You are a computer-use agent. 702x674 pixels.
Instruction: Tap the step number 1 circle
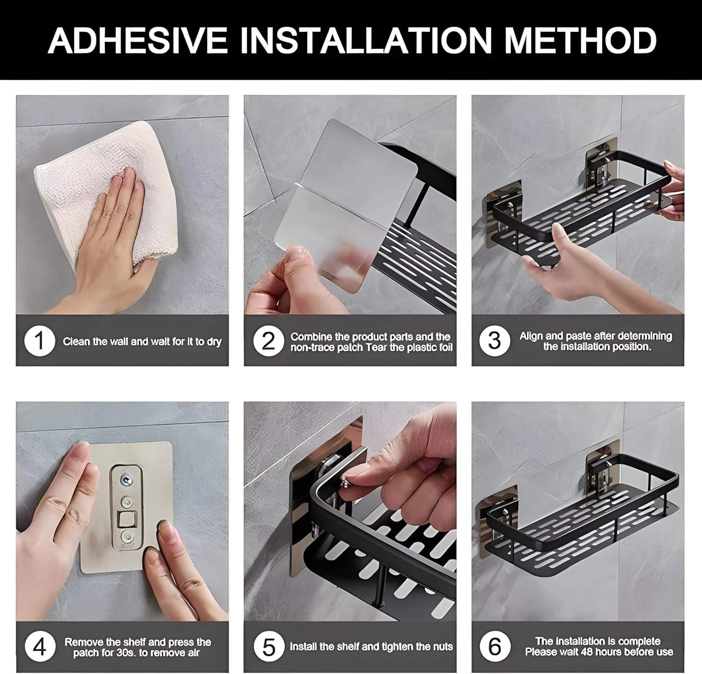tap(39, 341)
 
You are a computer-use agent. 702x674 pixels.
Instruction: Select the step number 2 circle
tap(268, 341)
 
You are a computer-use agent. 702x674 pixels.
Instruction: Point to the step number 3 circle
tap(494, 341)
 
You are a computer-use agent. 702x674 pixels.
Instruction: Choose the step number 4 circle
tap(39, 647)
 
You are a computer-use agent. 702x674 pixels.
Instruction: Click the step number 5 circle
tap(269, 647)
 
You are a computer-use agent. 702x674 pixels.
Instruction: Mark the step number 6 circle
tap(494, 647)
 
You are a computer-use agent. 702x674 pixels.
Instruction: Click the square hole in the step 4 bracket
tap(125, 519)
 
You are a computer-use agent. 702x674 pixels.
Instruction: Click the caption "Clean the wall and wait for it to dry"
tap(142, 341)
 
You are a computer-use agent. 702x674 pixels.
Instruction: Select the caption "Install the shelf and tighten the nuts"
tap(371, 647)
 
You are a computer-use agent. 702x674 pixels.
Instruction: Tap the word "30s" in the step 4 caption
tap(126, 653)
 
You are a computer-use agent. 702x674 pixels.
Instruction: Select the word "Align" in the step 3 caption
tap(531, 336)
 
